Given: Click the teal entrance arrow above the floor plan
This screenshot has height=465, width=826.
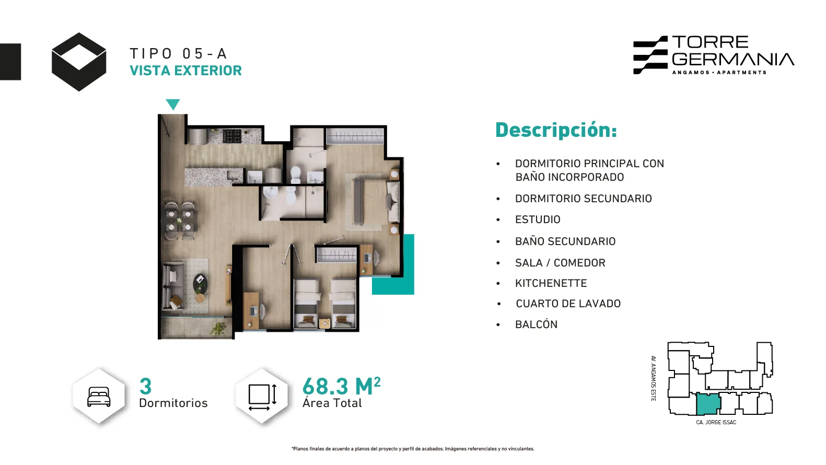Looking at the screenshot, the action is pos(172,104).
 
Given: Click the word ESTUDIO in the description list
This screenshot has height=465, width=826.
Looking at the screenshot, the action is pos(538,219).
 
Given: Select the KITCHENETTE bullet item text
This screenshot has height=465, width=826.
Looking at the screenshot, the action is pos(551,283).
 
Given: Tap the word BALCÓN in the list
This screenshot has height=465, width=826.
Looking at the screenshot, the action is pos(536,324).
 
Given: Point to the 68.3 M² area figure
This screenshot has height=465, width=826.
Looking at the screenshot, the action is pos(342,386).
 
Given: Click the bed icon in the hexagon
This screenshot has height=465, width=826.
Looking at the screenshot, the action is pos(99,397).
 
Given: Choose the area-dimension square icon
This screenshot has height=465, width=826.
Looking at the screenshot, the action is pos(263,397).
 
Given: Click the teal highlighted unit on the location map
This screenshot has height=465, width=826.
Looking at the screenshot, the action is pos(707,404).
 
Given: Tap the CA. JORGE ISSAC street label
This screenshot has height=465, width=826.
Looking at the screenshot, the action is pos(716,423).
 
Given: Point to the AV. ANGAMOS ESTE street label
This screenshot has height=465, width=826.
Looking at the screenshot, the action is pos(654,378).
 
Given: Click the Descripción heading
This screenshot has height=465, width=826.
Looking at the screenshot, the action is pos(556,130).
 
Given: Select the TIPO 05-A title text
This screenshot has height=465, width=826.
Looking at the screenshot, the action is pos(178,54).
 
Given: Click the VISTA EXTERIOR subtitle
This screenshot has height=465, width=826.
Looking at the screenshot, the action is pos(186,71).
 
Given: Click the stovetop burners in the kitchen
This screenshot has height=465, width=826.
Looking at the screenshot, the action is pos(231,136).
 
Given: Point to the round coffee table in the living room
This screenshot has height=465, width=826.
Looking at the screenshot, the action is pos(200,283).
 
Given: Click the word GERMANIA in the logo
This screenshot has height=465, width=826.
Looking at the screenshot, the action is pos(732,59).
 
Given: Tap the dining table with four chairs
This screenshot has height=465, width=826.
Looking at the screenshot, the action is pos(179,220).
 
